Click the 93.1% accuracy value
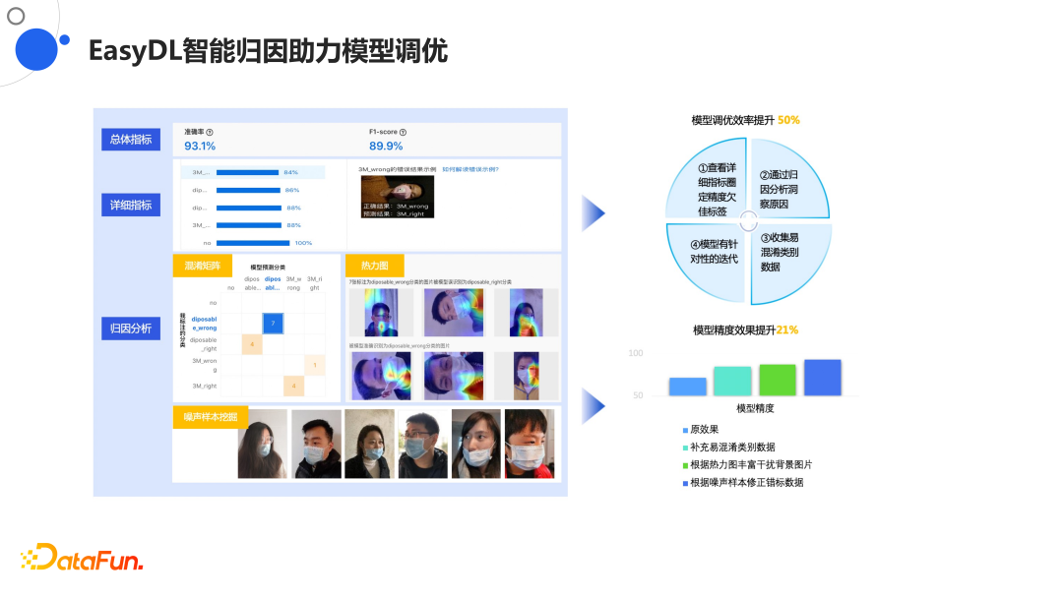pos(200,147)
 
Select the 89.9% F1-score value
pos(386,147)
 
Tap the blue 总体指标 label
pos(131,140)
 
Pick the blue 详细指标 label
pos(131,206)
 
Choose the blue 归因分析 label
pos(131,329)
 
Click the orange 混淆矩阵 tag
pos(203,266)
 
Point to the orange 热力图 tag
pos(374,266)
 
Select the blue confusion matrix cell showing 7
pos(273,323)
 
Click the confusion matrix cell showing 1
pos(314,365)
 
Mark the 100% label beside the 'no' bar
pos(303,242)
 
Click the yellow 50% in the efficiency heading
pos(788,120)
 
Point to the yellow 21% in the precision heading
pos(787,330)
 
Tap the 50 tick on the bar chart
pos(636,395)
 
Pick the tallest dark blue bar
pos(822,378)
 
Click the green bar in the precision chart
pos(778,380)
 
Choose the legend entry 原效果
pos(704,430)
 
